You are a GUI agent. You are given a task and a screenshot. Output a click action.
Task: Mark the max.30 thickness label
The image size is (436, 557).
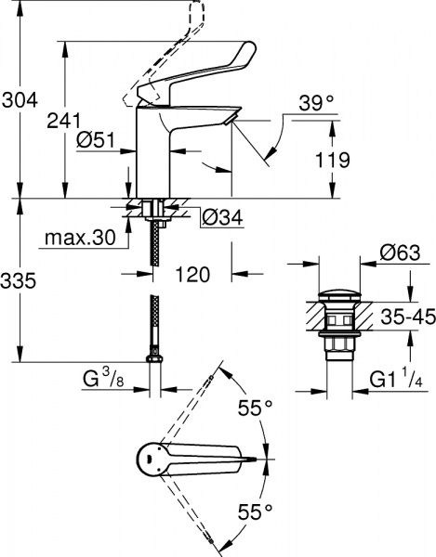point(78,239)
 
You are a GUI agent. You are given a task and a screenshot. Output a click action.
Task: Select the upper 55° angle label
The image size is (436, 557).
point(256,408)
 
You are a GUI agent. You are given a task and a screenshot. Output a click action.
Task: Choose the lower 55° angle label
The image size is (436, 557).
point(256,510)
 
